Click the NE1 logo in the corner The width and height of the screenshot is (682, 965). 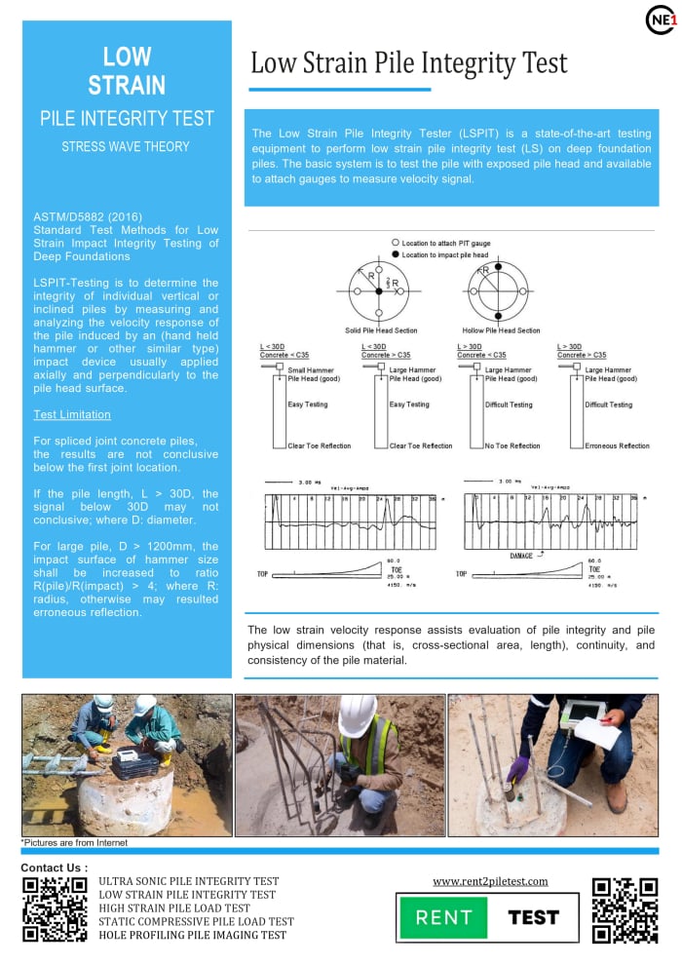659,19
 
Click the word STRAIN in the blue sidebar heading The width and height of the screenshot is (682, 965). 127,86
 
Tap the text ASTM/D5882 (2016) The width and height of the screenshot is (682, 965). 80,215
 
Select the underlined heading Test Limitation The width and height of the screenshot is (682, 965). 72,414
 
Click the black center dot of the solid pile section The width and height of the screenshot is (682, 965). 381,290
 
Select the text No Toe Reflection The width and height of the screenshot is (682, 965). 512,445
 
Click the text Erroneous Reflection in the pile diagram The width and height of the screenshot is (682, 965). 617,445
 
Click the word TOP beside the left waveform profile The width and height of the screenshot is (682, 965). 262,574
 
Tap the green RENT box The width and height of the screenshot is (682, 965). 443,917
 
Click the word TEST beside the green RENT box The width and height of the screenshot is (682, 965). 534,917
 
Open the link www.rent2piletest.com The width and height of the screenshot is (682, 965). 490,881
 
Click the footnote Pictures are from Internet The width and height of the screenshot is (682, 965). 74,842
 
